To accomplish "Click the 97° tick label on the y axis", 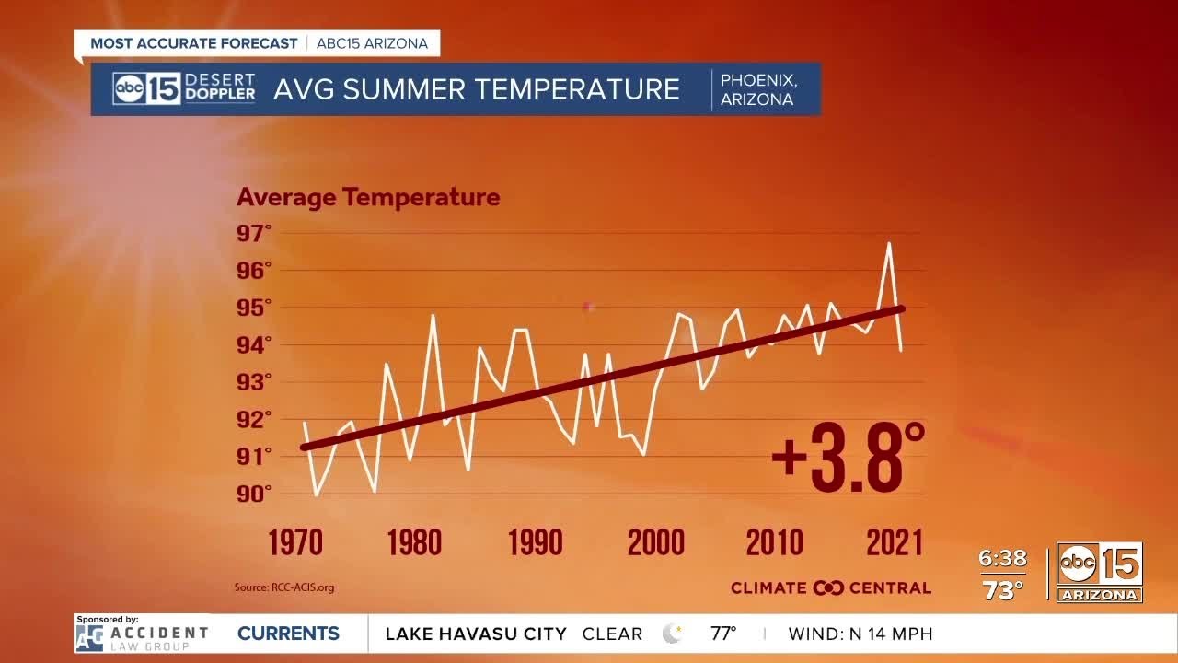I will (255, 233).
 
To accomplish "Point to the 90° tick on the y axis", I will (255, 494).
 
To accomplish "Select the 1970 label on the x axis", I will (295, 542).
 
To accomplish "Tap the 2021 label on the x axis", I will (894, 542).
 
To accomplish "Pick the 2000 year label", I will (655, 542).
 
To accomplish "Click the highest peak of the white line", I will (889, 244).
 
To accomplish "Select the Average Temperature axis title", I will (368, 197).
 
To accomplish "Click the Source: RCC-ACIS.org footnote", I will (284, 587).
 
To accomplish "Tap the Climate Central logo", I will (830, 587).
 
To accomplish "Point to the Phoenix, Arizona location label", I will (758, 89).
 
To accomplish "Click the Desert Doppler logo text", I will (220, 88).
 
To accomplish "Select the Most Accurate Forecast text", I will (194, 43).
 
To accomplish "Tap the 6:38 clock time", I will (1002, 559).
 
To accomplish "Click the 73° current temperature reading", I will (1002, 590).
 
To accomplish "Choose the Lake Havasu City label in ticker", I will (475, 634).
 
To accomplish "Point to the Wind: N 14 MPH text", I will (860, 634).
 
